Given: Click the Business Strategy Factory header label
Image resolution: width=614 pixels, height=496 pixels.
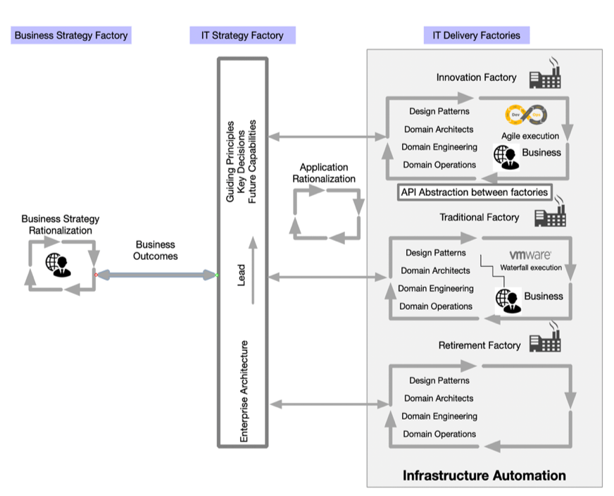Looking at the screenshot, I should (x=71, y=35).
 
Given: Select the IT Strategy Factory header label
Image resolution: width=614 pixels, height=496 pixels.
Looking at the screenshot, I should (x=242, y=35).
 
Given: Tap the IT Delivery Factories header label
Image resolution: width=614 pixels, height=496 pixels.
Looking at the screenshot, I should (x=477, y=35).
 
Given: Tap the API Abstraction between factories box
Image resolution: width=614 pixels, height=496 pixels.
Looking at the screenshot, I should (x=474, y=192).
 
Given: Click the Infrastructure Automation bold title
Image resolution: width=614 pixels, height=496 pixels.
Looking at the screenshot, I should (x=484, y=476).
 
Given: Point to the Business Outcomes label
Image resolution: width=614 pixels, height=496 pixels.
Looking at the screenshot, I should (x=156, y=250).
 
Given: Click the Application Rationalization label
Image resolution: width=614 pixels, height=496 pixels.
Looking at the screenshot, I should (x=324, y=173).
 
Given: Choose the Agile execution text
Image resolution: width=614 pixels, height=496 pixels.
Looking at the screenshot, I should (x=530, y=135).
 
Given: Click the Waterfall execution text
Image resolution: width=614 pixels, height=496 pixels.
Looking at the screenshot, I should (x=531, y=268).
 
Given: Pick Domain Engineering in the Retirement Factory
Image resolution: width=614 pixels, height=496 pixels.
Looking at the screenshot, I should (x=439, y=416).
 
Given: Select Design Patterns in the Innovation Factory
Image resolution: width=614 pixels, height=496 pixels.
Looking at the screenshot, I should (x=439, y=111).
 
